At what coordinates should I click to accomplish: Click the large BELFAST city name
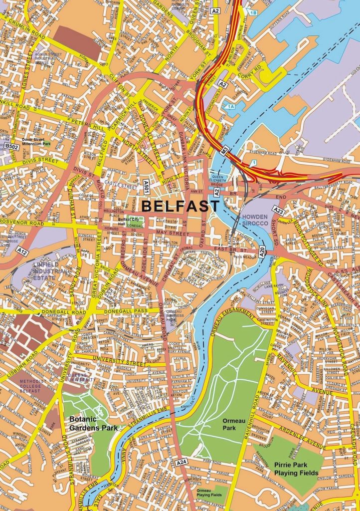click(x=180, y=206)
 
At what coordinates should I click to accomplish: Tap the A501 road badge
click(x=146, y=186)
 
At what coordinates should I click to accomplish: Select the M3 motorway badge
click(x=225, y=149)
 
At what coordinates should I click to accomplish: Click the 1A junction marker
click(x=230, y=106)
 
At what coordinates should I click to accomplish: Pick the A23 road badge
click(x=278, y=212)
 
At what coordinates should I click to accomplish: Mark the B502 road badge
click(x=11, y=146)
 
